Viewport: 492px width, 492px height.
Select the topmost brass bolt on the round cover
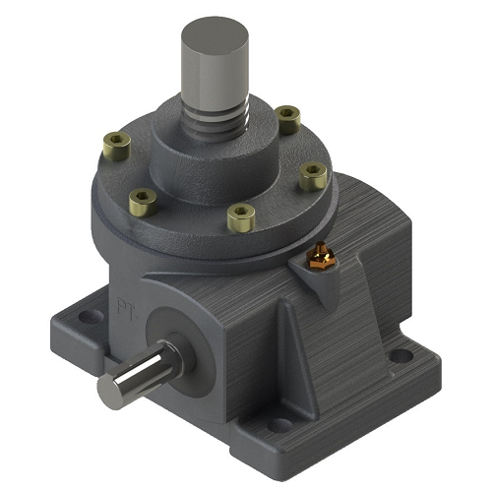click(287, 118)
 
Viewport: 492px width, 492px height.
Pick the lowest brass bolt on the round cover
click(238, 215)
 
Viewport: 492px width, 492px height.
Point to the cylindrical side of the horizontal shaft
click(144, 369)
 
